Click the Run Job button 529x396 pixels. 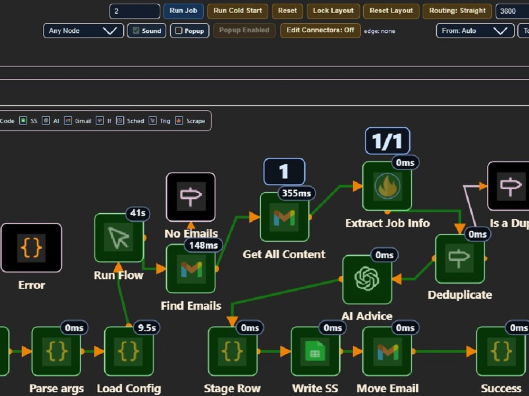click(183, 11)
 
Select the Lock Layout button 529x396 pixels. click(333, 11)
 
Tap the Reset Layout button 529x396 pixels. click(391, 11)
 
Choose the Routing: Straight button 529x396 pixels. click(457, 11)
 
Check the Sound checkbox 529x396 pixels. click(136, 31)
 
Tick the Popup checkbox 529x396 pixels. click(179, 31)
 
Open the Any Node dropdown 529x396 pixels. click(84, 31)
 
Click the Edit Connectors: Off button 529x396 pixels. click(320, 30)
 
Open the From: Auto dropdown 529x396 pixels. click(475, 31)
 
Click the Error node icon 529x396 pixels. click(31, 248)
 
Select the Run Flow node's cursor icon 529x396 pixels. click(119, 238)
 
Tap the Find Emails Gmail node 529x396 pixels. click(191, 269)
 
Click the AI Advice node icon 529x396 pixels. click(367, 279)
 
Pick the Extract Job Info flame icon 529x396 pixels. click(387, 186)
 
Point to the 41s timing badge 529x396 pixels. click(138, 213)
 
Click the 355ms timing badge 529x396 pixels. click(296, 193)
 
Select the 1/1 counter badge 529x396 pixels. click(387, 141)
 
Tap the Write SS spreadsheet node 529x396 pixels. click(315, 351)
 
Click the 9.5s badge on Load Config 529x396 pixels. click(147, 328)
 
